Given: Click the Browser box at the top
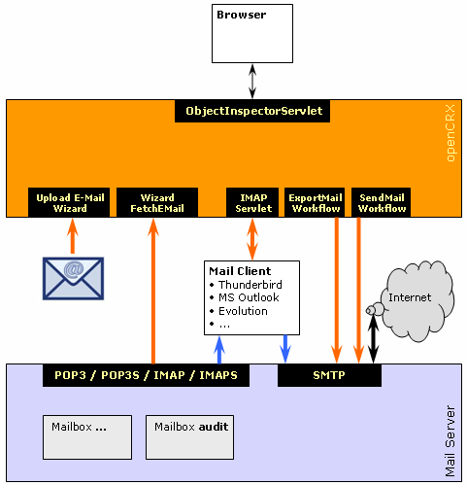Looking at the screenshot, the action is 252,33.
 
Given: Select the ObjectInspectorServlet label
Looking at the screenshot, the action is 252,111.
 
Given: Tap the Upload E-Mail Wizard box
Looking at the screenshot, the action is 69,202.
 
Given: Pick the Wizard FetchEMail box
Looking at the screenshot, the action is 157,202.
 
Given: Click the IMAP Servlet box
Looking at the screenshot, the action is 252,202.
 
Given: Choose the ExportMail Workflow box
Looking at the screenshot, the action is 315,202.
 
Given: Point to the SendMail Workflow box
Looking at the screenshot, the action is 382,202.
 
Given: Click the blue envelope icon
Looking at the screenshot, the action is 73,279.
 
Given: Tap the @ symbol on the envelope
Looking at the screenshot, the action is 74,270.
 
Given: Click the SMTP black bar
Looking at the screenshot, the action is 329,375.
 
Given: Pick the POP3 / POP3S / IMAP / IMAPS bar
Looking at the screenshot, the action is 146,375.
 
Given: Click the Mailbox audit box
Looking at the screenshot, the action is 189,437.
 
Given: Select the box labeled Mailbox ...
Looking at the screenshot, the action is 87,437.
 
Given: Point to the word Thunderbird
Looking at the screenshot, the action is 250,285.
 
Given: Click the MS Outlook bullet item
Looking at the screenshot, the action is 245,297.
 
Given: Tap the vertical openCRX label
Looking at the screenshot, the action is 450,133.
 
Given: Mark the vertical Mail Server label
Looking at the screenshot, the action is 450,441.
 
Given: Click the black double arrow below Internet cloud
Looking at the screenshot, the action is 374,338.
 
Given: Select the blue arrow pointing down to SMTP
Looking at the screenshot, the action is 285,349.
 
